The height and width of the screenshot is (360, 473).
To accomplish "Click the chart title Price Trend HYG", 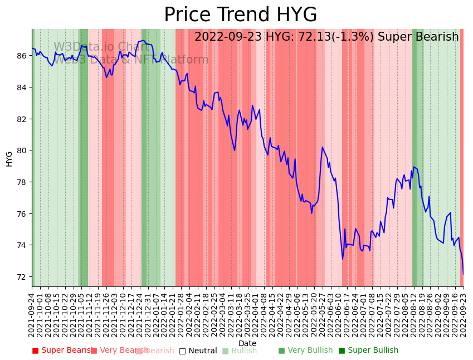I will (x=240, y=15).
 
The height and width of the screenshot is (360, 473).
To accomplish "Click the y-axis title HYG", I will (x=9, y=158).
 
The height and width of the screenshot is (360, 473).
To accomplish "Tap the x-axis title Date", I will (x=247, y=343).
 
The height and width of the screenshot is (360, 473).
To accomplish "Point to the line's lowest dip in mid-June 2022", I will (x=343, y=259).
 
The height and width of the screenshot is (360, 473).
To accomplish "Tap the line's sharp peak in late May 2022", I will (x=323, y=147).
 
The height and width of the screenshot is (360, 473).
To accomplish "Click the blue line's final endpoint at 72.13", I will (x=463, y=274).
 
